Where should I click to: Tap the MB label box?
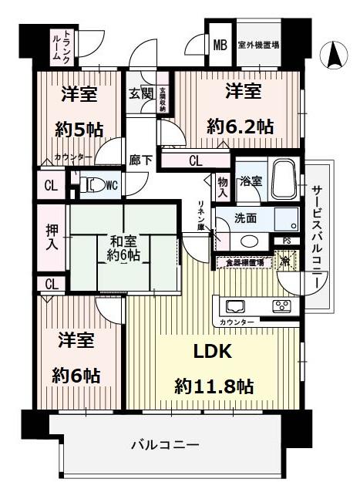coord(219,45)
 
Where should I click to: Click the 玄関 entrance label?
coord(140,94)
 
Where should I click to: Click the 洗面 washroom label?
coord(246,218)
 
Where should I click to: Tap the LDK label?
coord(212,352)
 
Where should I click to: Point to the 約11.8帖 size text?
coord(215,385)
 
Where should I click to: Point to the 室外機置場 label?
coord(257,45)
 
